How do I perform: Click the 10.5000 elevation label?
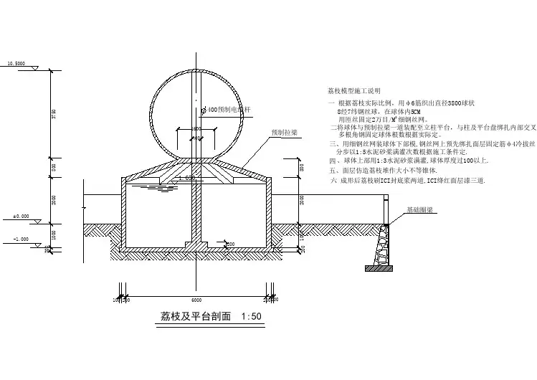point(15,64)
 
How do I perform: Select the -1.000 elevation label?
point(21,239)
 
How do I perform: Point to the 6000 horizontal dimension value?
point(196,300)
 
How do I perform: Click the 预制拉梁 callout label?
point(285,133)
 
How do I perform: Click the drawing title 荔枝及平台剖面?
point(189,316)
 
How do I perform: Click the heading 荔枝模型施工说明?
point(352,92)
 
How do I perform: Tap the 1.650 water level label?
point(189,177)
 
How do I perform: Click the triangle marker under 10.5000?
point(29,68)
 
